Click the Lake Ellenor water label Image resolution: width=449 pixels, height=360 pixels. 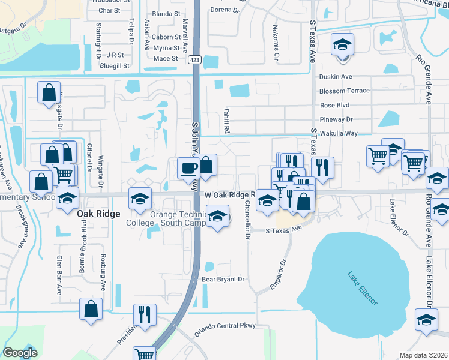click(362, 289)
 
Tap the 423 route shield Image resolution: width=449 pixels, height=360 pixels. click(196, 59)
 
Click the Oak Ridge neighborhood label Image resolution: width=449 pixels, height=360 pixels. click(100, 214)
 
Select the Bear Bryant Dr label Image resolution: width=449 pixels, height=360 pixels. click(223, 279)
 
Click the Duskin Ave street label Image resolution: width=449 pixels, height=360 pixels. click(336, 77)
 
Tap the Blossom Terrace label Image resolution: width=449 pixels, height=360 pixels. click(345, 91)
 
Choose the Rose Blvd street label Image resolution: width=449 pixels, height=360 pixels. click(335, 106)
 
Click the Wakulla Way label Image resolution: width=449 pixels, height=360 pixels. click(338, 133)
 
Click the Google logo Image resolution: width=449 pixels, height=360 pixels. click(20, 353)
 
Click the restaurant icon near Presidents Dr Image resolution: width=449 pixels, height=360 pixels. click(144, 314)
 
